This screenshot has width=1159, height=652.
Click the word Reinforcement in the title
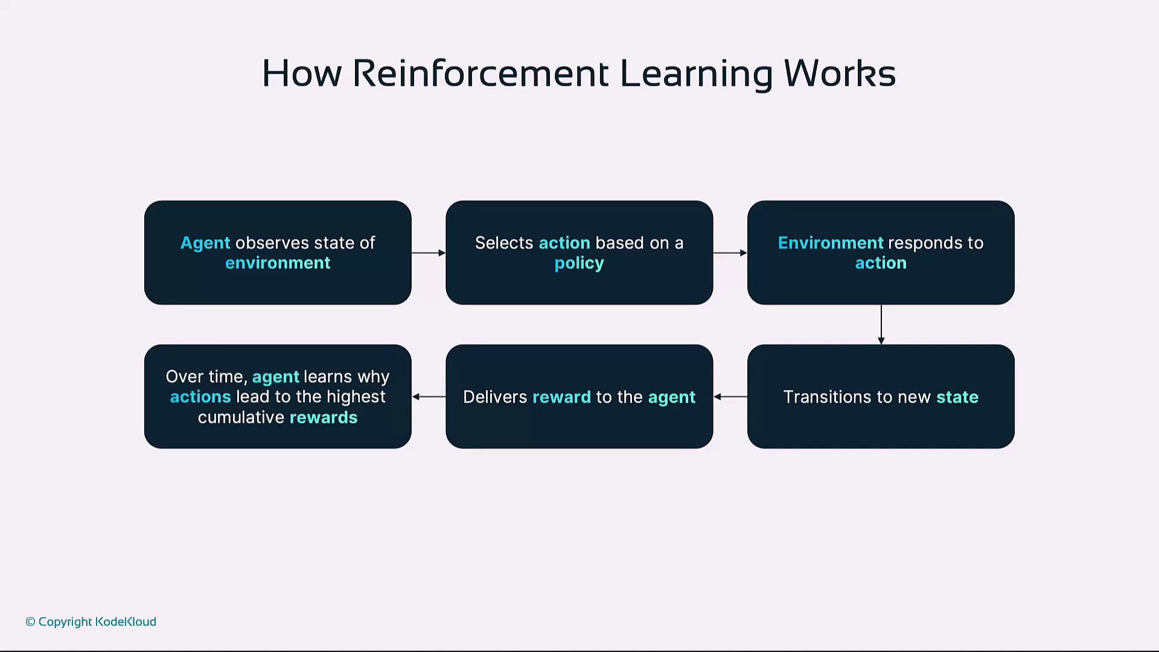[x=481, y=74]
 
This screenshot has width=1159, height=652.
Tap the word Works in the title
[x=840, y=74]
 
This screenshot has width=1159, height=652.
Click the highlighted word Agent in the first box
[x=205, y=243]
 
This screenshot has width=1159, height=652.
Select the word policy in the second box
[x=579, y=264]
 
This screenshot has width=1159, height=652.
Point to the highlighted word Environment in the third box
[x=831, y=243]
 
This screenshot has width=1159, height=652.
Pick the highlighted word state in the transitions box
[x=957, y=397]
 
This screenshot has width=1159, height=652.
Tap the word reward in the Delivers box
[x=561, y=397]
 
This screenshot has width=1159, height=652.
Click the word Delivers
[x=495, y=397]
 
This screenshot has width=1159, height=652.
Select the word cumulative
[x=241, y=417]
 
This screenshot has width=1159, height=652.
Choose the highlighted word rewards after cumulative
[x=324, y=417]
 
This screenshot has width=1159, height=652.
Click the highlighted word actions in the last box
[x=200, y=397]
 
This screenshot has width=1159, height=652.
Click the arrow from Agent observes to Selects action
[x=429, y=253]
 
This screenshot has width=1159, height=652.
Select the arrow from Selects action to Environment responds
[x=730, y=253]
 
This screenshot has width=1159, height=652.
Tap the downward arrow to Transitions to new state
[x=881, y=325]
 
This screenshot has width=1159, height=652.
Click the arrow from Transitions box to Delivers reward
[x=730, y=397]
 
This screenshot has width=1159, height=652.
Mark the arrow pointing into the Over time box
[x=429, y=397]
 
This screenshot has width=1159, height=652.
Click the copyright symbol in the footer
[x=30, y=622]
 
